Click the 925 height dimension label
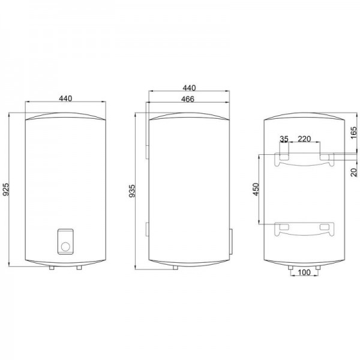tap(6, 189)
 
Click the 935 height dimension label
tap(132, 191)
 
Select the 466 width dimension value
tap(188, 99)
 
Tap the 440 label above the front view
tap(65, 98)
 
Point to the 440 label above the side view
tap(189, 88)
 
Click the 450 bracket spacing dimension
tap(256, 189)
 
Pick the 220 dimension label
tap(304, 139)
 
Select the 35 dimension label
tap(284, 139)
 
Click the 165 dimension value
tap(354, 133)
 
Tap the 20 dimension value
tap(354, 172)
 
